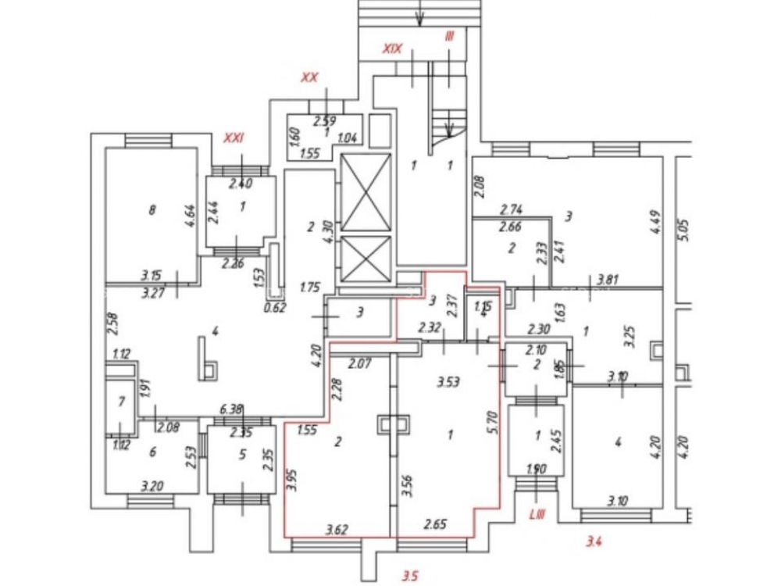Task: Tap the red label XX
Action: (x=309, y=77)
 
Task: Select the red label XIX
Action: (x=392, y=48)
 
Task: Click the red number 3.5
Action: (x=411, y=577)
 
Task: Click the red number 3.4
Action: (x=595, y=539)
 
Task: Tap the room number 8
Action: (x=152, y=209)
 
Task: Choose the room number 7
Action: (x=120, y=402)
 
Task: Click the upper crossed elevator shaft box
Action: (x=366, y=191)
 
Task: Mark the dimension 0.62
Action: (x=273, y=307)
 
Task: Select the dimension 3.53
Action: (x=448, y=382)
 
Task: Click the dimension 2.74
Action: (x=510, y=209)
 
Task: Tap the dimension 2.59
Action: (x=324, y=120)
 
